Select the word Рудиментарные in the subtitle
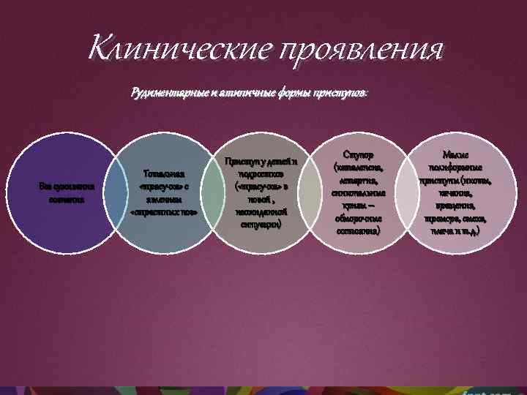click(165, 94)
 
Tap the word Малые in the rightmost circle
click(458, 155)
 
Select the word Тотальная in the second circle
click(164, 173)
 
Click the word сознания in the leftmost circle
click(61, 199)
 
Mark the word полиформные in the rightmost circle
click(459, 168)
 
